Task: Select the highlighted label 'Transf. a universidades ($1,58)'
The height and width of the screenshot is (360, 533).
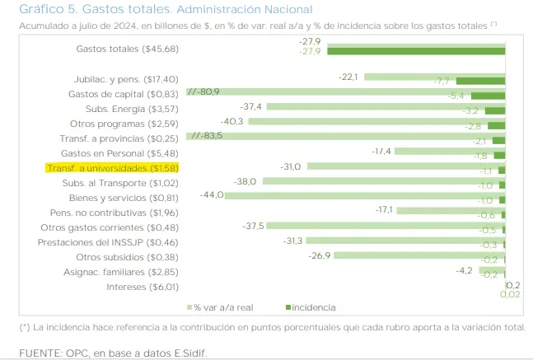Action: (x=112, y=167)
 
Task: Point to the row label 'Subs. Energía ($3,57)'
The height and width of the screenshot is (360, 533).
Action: (x=132, y=108)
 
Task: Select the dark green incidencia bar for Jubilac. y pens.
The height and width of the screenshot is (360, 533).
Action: (x=480, y=81)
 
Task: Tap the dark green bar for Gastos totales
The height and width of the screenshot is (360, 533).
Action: (x=416, y=52)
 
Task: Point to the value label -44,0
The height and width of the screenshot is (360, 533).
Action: (x=213, y=194)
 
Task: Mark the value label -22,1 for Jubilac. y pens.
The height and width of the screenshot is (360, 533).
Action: (x=348, y=77)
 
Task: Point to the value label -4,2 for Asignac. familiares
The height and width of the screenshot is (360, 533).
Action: (x=465, y=269)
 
